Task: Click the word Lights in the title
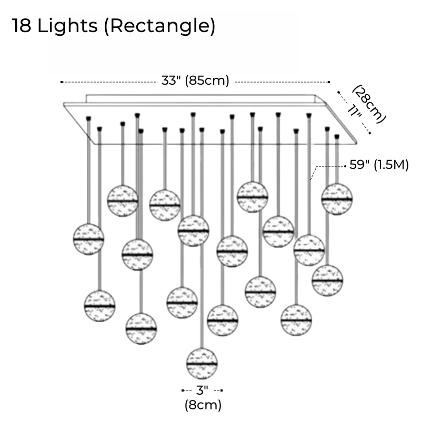coord(67,26)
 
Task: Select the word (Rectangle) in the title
coord(159,26)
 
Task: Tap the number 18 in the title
coord(22,26)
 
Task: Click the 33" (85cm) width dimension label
coord(195,81)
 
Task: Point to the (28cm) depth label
coord(369,104)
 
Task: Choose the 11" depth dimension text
coord(354,111)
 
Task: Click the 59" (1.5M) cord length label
coord(379,165)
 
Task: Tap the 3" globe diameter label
coord(202,390)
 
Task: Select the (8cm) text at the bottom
coord(203,405)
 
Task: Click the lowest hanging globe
coord(202,364)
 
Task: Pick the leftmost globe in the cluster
coord(88,239)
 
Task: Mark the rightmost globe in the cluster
coord(337,199)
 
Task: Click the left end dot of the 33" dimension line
coord(62,82)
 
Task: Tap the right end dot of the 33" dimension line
coord(329,82)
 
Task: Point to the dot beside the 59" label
coord(345,166)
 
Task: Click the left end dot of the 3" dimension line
coord(183,390)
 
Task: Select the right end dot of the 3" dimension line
coord(222,390)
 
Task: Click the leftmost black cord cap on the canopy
coord(88,118)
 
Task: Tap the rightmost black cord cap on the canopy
coord(337,137)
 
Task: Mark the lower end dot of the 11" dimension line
coord(370,133)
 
